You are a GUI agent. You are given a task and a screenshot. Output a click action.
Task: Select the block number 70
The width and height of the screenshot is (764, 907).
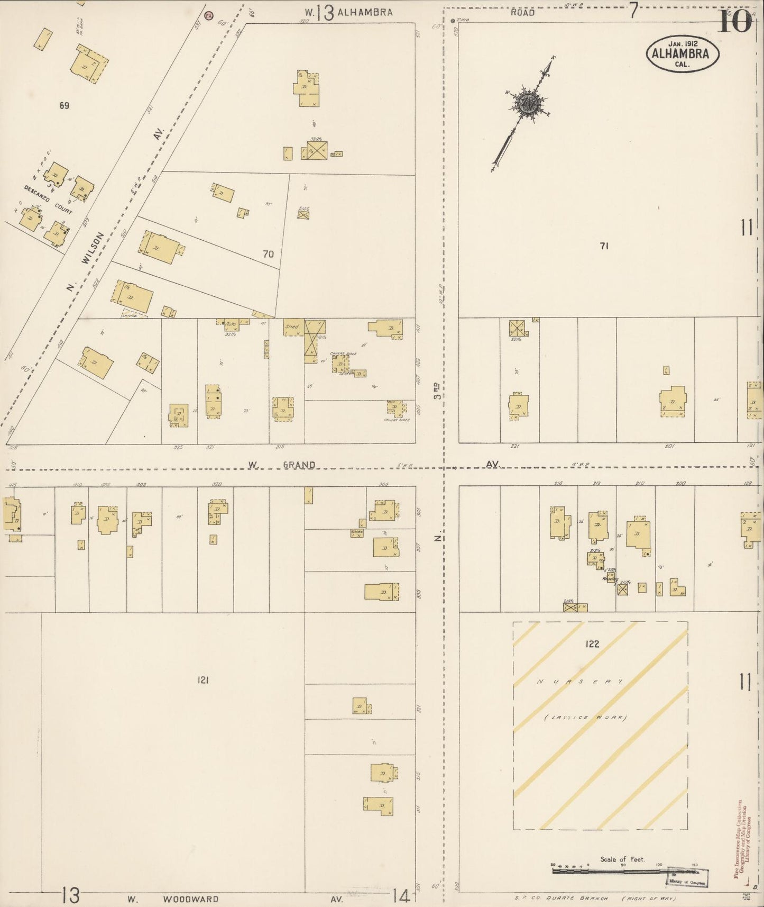pos(269,254)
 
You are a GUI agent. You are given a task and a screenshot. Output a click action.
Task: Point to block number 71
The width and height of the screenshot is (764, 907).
pos(604,246)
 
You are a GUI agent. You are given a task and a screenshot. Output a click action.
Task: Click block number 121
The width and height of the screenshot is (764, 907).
pos(203,680)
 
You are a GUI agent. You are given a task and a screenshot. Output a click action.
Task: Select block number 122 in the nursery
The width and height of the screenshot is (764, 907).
pos(592,644)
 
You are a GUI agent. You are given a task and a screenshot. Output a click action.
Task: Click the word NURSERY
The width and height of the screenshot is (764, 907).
pos(581,682)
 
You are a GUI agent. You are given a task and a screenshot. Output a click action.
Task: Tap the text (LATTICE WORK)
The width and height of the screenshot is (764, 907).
pos(585,718)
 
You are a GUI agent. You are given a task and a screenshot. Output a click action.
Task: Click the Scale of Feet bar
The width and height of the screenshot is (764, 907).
pos(608,869)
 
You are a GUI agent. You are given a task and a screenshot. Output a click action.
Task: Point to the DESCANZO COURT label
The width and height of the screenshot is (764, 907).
pos(48,199)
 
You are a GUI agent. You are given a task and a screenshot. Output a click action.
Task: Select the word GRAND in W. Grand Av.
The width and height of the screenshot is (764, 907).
pos(299,465)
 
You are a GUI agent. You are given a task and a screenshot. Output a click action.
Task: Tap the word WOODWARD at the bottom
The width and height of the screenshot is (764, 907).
pos(191,899)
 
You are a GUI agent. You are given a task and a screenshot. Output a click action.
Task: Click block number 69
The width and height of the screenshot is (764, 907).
pos(64,106)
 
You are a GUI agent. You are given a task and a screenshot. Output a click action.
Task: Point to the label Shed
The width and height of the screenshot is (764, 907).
pos(292,327)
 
